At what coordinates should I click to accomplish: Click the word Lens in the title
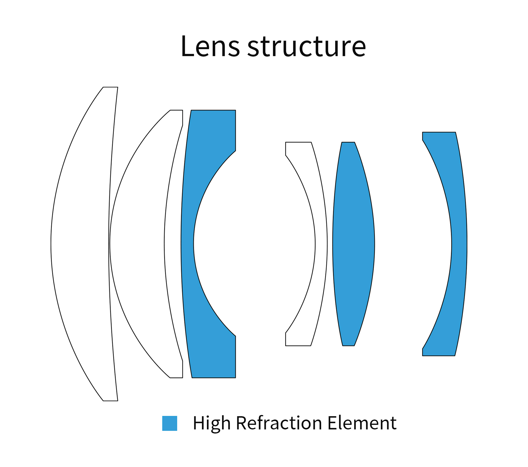click(210, 46)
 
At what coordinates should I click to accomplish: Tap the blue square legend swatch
click(169, 423)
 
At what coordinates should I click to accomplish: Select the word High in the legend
click(211, 423)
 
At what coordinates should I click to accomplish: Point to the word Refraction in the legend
click(279, 423)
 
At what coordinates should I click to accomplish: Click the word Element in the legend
click(362, 423)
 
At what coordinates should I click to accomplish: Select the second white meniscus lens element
click(137, 244)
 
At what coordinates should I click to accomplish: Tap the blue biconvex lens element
click(353, 244)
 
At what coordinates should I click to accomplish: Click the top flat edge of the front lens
click(110, 87)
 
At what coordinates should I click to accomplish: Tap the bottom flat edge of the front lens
click(110, 400)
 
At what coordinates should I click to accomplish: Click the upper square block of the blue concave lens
click(214, 129)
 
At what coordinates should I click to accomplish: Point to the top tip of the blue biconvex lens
click(348, 143)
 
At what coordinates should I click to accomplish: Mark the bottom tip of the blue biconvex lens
click(348, 345)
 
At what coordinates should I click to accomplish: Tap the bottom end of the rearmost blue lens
click(439, 355)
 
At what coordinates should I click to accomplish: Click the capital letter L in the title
click(187, 46)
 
